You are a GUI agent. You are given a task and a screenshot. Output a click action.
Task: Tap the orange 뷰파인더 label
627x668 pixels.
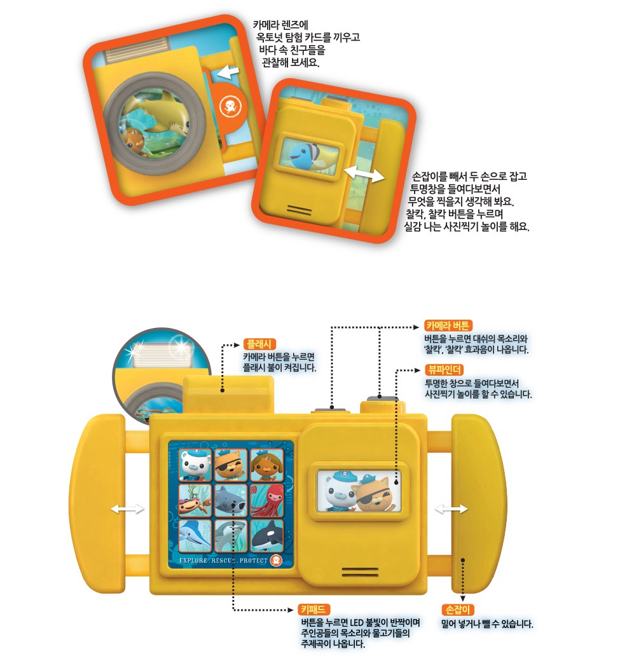tap(444, 369)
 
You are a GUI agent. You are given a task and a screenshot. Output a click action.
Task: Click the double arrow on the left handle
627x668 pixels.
tap(126, 508)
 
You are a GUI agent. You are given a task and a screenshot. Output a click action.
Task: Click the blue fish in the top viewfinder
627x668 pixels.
tap(301, 153)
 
